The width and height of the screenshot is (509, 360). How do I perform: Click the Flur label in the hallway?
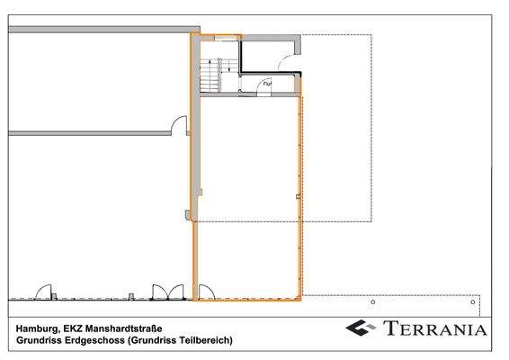pyautogui.click(x=266, y=84)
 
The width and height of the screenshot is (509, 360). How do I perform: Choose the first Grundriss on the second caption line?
pyautogui.click(x=37, y=340)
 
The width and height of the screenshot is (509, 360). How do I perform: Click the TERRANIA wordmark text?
pyautogui.click(x=436, y=328)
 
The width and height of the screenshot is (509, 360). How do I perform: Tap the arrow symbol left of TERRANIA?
pyautogui.click(x=360, y=328)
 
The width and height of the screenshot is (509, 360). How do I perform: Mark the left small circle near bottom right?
pyautogui.click(x=372, y=302)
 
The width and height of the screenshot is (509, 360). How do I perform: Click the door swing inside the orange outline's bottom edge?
pyautogui.click(x=205, y=291)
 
